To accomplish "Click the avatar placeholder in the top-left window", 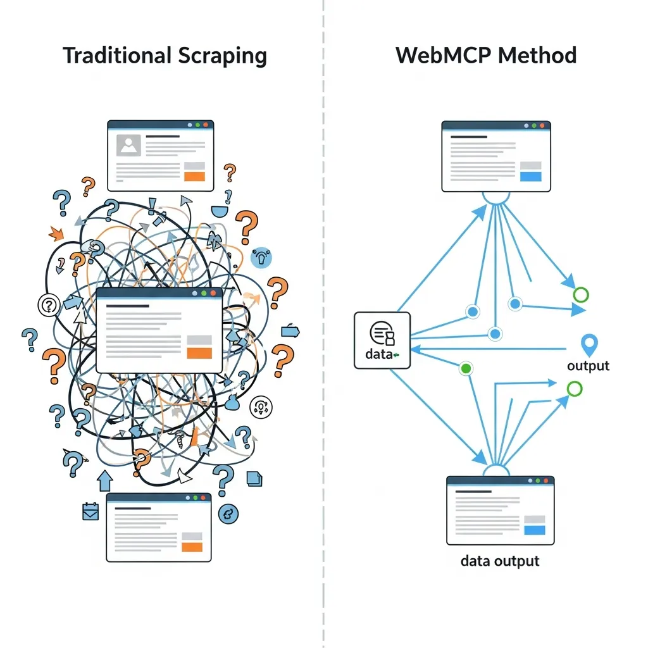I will click(x=128, y=146).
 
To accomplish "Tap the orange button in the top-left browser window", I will click(x=194, y=177).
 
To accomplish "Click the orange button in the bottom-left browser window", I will click(x=192, y=547).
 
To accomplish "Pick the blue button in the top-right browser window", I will click(x=530, y=177).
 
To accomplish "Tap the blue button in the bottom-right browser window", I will click(x=535, y=530).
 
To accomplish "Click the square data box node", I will click(x=382, y=340).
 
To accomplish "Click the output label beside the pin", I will click(x=588, y=366).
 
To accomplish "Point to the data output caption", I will click(x=500, y=561).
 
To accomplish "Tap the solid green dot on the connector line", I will click(x=467, y=368).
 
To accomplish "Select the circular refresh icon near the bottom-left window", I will click(x=228, y=514).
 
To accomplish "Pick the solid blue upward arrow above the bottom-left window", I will click(x=104, y=480).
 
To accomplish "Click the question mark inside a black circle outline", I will click(x=48, y=306).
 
